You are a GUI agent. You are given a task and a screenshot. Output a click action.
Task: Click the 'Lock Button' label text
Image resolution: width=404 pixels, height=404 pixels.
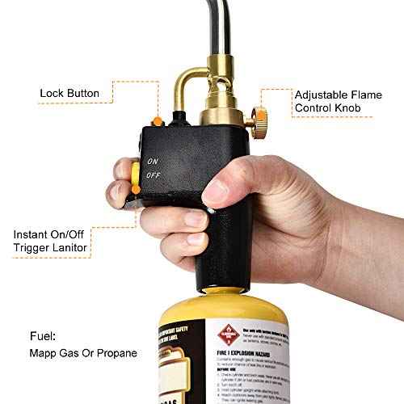(x=69, y=94)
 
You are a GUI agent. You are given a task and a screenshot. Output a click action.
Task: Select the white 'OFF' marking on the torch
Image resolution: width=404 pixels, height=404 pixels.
(x=152, y=175)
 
